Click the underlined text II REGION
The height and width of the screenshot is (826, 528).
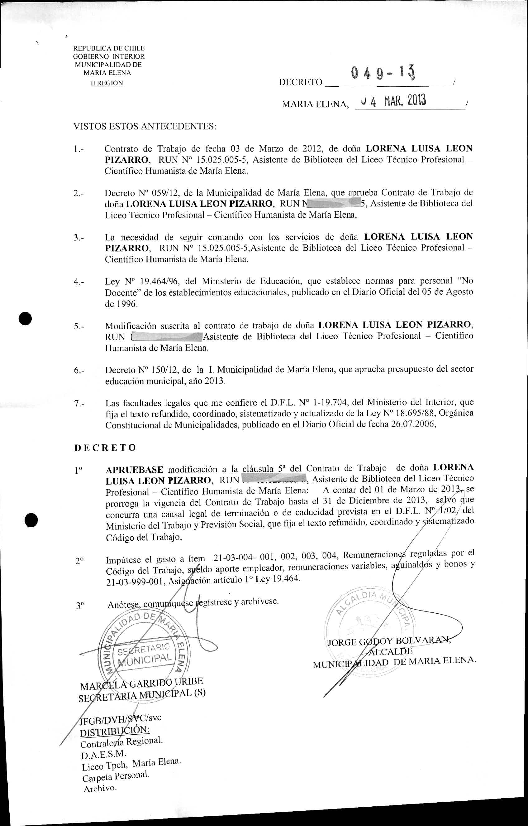(x=107, y=83)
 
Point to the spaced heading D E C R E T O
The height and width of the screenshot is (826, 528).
(x=105, y=447)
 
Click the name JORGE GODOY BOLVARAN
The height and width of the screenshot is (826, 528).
(x=388, y=641)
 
